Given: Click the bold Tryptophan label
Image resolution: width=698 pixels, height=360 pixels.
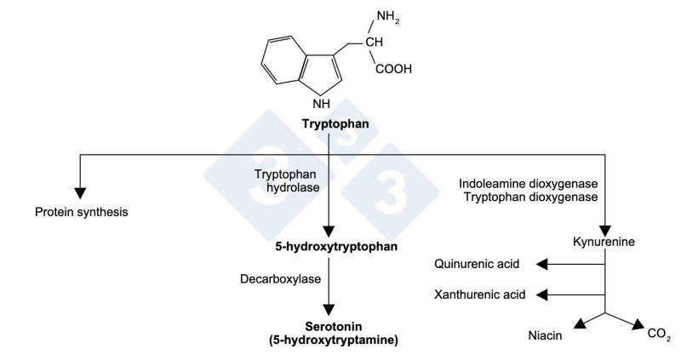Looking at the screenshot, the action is [335, 124].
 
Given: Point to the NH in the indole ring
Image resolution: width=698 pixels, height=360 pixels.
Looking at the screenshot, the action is [321, 104].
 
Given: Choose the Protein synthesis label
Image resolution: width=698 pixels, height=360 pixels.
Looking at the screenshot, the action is [81, 211].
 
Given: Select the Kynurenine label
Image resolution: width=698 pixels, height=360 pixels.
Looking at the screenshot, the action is [605, 243].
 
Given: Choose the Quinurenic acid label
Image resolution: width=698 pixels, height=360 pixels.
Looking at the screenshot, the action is [477, 265].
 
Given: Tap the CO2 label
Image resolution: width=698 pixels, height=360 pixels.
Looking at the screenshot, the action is [659, 334].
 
